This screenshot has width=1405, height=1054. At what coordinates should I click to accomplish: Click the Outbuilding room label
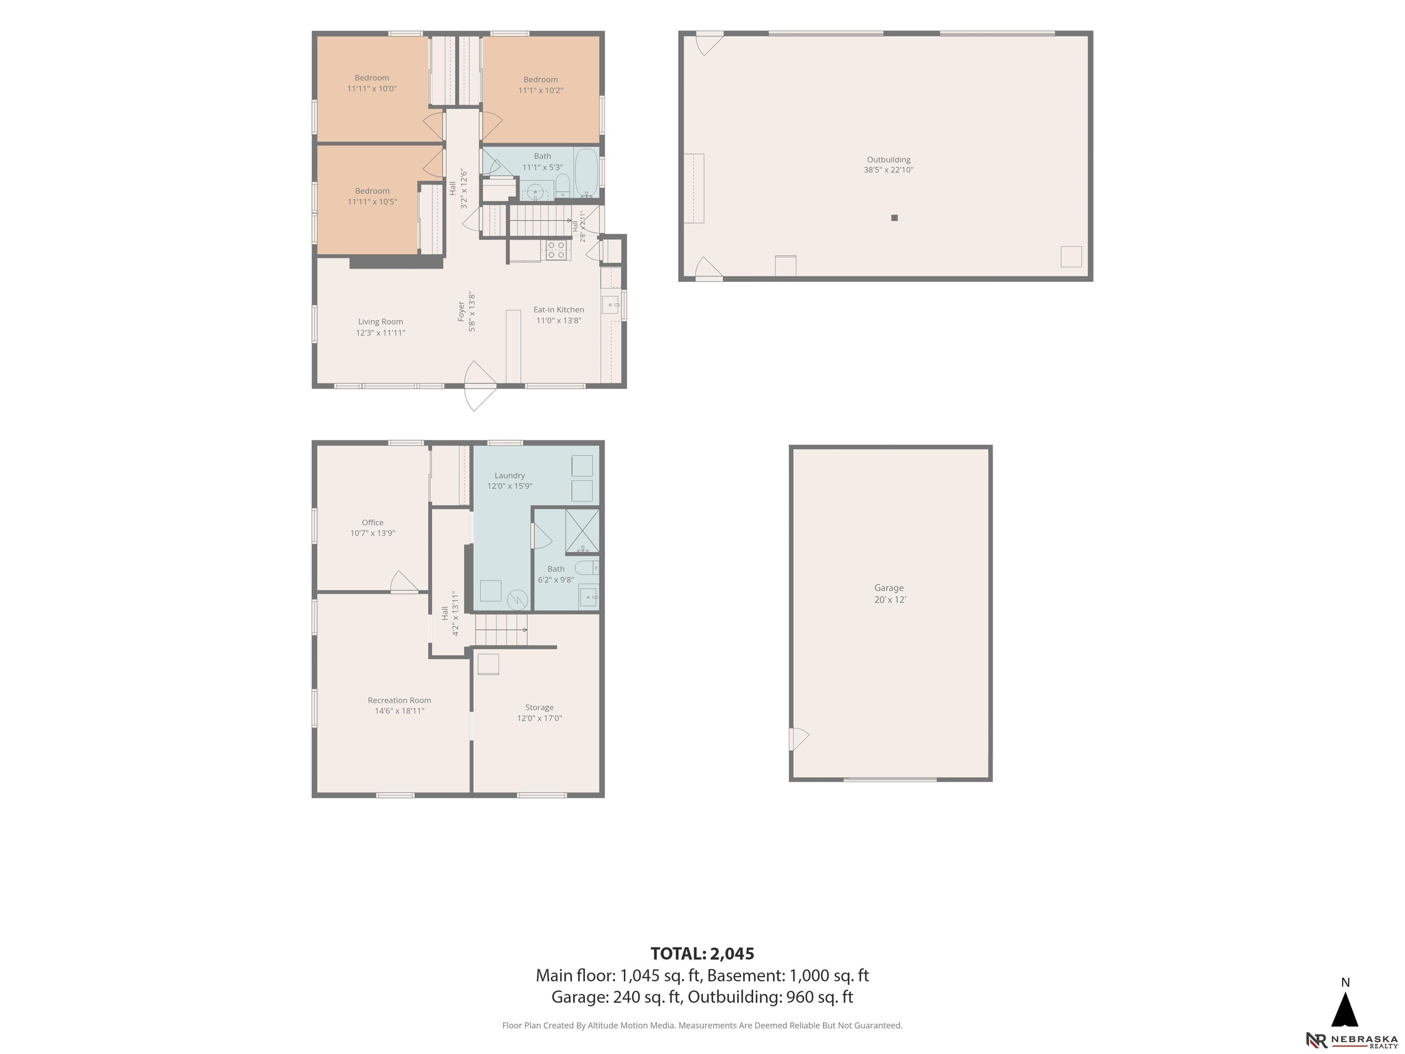(888, 165)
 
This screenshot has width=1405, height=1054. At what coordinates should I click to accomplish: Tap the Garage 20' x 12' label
(889, 593)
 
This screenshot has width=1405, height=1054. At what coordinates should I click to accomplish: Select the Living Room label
(381, 327)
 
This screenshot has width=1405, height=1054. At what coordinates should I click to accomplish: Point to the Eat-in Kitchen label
(558, 314)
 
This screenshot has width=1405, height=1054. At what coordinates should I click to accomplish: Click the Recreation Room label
(400, 705)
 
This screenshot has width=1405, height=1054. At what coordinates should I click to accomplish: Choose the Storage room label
(539, 712)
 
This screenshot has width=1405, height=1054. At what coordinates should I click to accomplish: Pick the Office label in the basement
(373, 527)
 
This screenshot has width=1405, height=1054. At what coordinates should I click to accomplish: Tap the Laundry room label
(509, 480)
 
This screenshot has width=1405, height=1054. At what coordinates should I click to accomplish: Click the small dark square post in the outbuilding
(894, 218)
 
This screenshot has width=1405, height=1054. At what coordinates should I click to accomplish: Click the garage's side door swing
(799, 739)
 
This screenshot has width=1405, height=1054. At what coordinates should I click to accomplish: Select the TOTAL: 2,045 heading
(702, 954)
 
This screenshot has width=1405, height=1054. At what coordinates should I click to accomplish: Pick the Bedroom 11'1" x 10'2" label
(541, 85)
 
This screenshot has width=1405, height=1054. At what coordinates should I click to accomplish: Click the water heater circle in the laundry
(518, 600)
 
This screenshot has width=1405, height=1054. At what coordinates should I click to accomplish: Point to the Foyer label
(466, 312)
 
